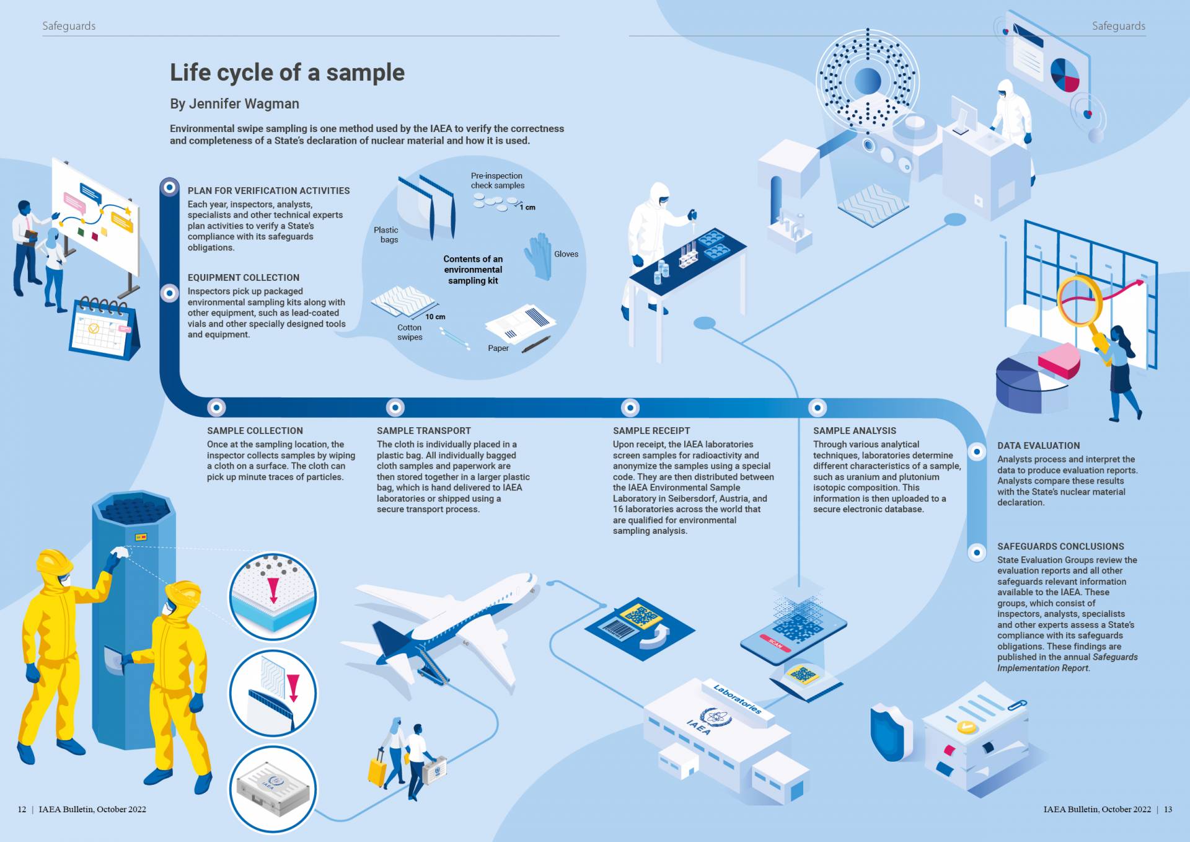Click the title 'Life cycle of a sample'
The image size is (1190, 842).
287,73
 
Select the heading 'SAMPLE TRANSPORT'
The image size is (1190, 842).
424,431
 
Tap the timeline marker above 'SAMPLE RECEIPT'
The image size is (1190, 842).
630,407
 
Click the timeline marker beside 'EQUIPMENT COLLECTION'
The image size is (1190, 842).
169,293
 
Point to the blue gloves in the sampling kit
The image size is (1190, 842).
537,256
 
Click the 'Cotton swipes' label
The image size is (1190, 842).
410,332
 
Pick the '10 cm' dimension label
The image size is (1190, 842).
435,317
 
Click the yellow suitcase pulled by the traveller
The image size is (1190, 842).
377,769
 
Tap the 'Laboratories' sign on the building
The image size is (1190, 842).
737,699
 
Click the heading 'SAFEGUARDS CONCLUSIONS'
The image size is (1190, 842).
1060,546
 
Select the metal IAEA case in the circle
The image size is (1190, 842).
273,789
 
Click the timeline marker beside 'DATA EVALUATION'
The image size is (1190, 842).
977,451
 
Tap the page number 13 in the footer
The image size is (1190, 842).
1168,809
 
